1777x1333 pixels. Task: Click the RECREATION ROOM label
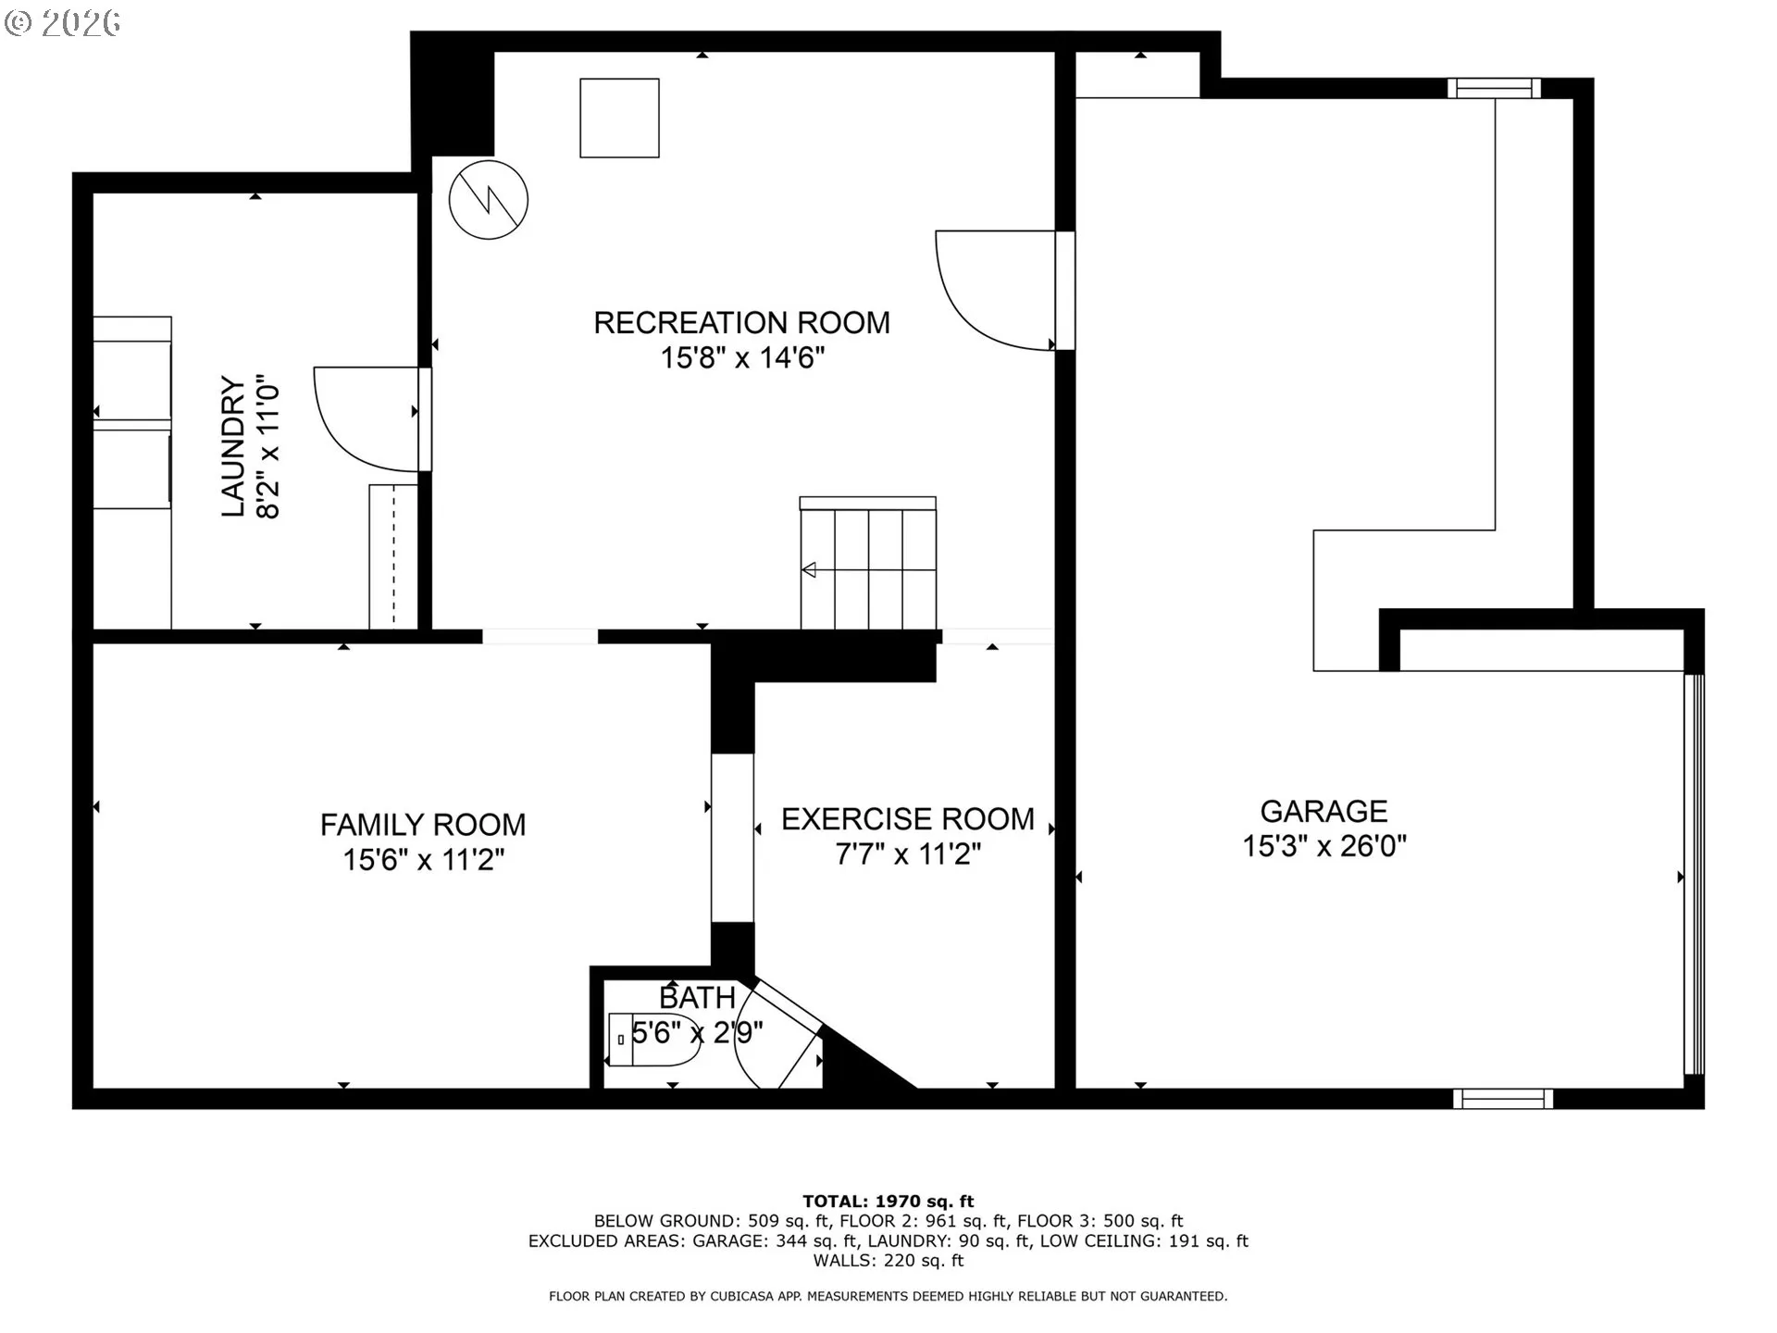tap(741, 323)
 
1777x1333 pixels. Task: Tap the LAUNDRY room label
tap(233, 446)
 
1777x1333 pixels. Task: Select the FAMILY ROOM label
tap(423, 825)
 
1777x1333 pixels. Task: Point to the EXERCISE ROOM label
tap(908, 819)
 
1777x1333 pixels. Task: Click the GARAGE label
tap(1323, 812)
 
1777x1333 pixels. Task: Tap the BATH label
tap(697, 998)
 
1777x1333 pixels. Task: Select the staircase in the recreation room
tap(868, 564)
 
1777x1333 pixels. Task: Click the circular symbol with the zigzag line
tap(489, 199)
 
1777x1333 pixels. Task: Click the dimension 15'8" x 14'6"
tap(741, 357)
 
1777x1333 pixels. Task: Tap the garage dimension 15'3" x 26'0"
tap(1323, 846)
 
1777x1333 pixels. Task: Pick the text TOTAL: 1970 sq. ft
tap(888, 1202)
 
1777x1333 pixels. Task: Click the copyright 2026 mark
tap(62, 22)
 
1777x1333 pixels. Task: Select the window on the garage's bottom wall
tap(1503, 1099)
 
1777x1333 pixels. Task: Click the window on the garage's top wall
tap(1494, 88)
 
